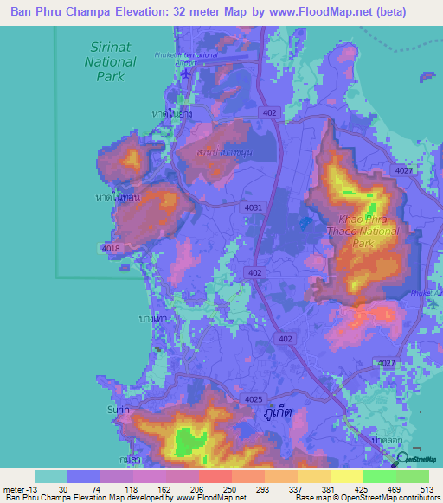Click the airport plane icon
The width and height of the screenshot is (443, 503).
pos(186,74)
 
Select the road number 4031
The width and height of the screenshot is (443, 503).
pos(254,207)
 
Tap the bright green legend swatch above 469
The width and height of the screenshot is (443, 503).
pos(380,476)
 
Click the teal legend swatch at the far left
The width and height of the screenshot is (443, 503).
pos(51,476)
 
